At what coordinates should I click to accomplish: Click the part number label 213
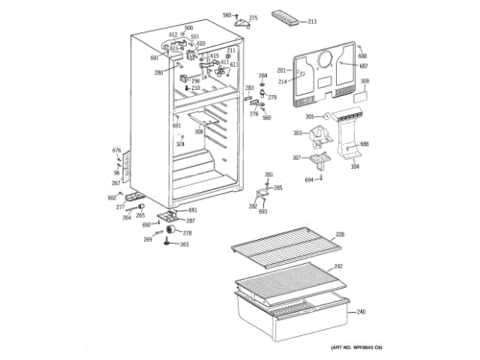(312, 22)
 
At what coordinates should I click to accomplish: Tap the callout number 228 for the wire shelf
(340, 235)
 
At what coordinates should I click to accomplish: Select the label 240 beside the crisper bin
(361, 312)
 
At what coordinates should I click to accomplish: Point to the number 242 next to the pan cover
(338, 266)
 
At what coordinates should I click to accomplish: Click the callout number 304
(355, 166)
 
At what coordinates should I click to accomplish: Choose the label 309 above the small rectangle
(364, 81)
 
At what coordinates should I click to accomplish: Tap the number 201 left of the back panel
(282, 69)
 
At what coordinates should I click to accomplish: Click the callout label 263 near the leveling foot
(184, 245)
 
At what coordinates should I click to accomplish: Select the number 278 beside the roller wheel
(187, 233)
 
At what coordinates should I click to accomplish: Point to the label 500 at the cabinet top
(178, 28)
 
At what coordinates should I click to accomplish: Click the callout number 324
(180, 144)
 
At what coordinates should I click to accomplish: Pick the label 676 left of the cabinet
(116, 151)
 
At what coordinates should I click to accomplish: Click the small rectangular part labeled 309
(361, 95)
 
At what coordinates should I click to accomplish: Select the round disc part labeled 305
(327, 116)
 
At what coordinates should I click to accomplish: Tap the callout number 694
(309, 180)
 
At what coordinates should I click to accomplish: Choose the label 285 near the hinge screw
(277, 187)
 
